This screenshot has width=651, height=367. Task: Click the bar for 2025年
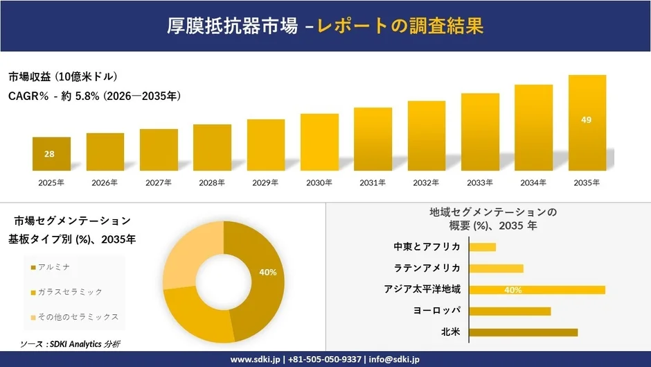pyautogui.click(x=51, y=154)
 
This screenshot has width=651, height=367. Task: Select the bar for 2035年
pyautogui.click(x=587, y=123)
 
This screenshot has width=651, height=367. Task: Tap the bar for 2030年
pyautogui.click(x=319, y=142)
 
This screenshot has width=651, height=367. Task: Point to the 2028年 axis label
pyautogui.click(x=212, y=182)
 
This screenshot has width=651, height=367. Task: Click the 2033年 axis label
pyautogui.click(x=480, y=182)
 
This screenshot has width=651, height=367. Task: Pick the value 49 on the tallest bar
pyautogui.click(x=587, y=120)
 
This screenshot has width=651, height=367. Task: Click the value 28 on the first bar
pyautogui.click(x=49, y=154)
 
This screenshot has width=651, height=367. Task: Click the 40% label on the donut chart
pyautogui.click(x=267, y=272)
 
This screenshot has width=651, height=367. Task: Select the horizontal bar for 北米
pyautogui.click(x=524, y=332)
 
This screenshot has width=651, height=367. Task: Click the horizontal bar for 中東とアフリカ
pyautogui.click(x=483, y=247)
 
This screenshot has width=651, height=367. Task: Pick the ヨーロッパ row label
pyautogui.click(x=436, y=311)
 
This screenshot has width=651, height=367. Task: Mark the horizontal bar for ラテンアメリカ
pyautogui.click(x=497, y=268)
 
